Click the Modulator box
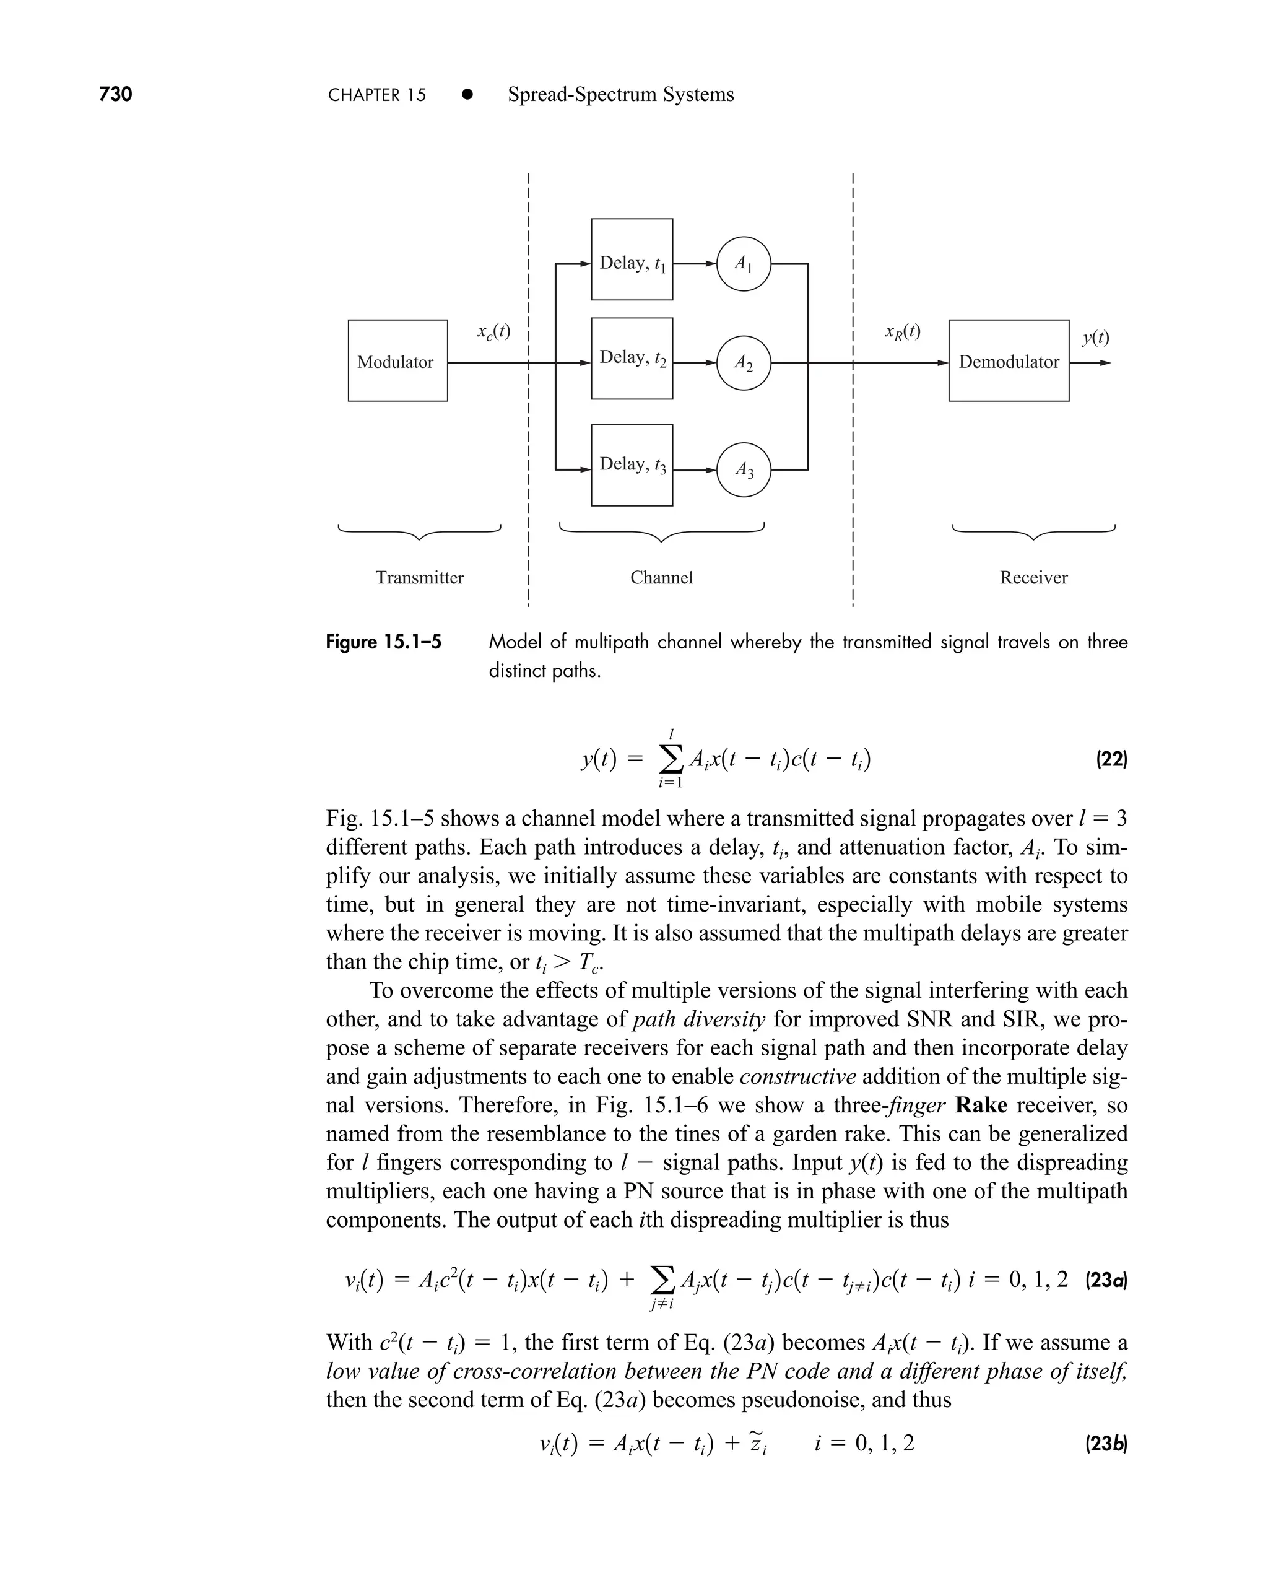tap(397, 360)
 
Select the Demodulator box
tap(1008, 360)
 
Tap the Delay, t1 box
tap(632, 259)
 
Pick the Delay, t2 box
tap(632, 358)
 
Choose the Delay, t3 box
tap(632, 464)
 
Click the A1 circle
tap(744, 264)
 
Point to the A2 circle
tap(744, 362)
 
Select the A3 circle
tap(744, 469)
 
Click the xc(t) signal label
tap(493, 332)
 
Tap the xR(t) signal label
tap(902, 332)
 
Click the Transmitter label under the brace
tap(419, 578)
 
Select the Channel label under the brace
tap(661, 578)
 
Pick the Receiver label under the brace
tap(1033, 578)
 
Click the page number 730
tap(115, 94)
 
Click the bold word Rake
tap(980, 1106)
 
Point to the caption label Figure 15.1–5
tap(383, 642)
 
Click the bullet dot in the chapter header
tap(467, 94)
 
